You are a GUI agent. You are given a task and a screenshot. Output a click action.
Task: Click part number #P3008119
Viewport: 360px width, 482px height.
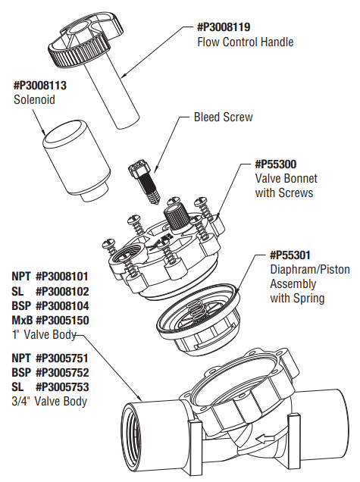[226, 27]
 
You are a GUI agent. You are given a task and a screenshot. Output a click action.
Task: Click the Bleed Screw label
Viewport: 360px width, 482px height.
[224, 117]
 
